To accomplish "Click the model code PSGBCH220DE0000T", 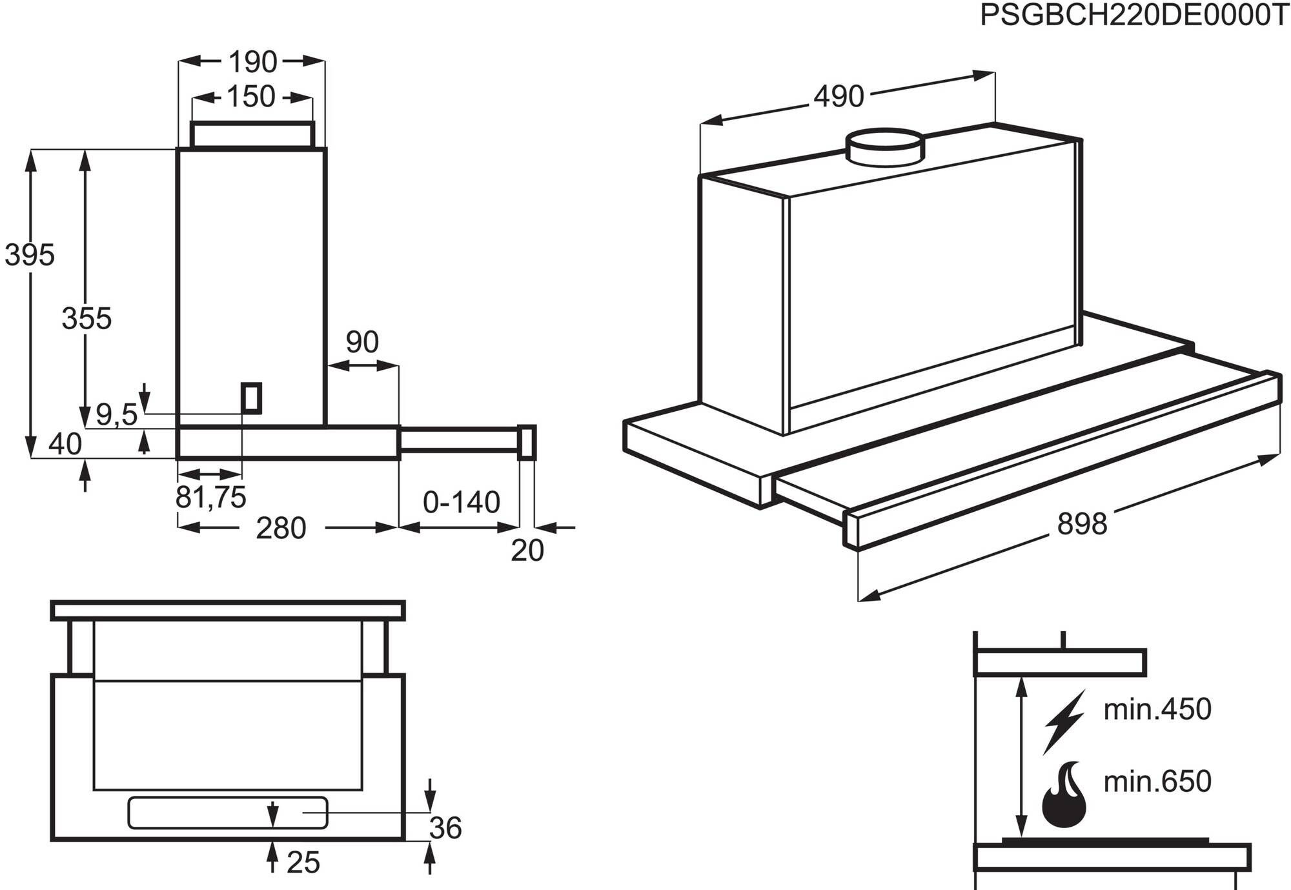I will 1134,15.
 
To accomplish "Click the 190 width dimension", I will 252,62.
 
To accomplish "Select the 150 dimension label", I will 250,97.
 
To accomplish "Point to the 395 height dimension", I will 30,255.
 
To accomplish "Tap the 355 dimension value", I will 86,318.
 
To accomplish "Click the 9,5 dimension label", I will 116,414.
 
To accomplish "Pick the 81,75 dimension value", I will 210,497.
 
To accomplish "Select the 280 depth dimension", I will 280,528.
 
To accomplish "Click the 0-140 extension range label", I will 461,502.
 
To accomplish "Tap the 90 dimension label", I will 362,342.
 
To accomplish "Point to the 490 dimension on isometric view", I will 838,97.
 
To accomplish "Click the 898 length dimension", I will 1082,523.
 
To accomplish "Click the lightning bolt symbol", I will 1064,722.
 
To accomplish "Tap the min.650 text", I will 1157,782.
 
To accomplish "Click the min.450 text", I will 1157,709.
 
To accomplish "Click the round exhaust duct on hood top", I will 885,147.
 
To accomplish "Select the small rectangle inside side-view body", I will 251,398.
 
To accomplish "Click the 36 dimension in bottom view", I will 445,828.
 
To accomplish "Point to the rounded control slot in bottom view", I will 227,813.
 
